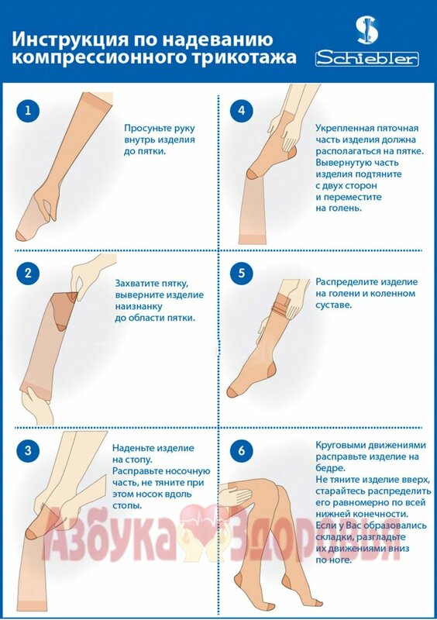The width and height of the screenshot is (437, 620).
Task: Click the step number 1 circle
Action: [x=28, y=110]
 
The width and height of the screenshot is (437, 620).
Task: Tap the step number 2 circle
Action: [x=28, y=274]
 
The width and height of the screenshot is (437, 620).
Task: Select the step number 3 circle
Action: [x=28, y=450]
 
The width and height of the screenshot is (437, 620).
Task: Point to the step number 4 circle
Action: [x=241, y=110]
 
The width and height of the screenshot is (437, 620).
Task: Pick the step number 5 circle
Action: [x=241, y=274]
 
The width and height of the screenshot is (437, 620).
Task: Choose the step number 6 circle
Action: [x=241, y=450]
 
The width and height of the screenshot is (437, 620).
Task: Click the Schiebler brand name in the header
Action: [x=366, y=59]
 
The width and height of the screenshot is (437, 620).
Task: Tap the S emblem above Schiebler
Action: [x=366, y=29]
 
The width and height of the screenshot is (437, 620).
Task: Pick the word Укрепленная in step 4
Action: [x=344, y=129]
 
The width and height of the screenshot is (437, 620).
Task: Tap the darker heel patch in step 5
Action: [x=270, y=371]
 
